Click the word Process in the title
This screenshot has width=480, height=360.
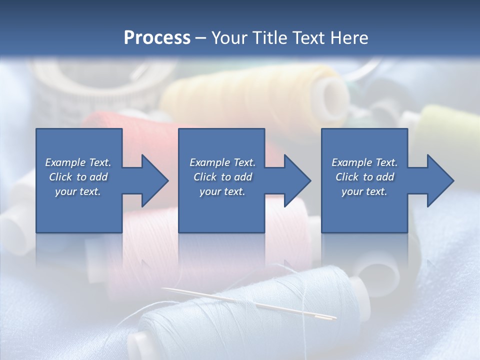(157, 38)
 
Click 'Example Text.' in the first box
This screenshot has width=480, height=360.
(78, 162)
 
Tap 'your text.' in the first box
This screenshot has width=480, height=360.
(78, 191)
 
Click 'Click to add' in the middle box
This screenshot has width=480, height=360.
(222, 177)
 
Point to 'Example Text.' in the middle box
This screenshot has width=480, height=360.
(222, 162)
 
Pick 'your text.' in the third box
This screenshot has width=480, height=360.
(364, 191)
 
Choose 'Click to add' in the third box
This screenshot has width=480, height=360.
(364, 177)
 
